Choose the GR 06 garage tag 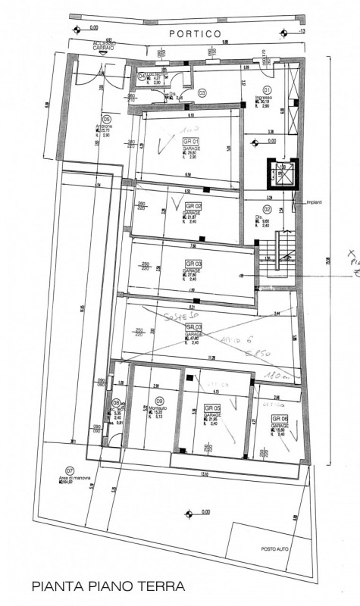pyautogui.click(x=280, y=418)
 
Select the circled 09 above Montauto pyautogui.click(x=159, y=401)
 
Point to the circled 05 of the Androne pyautogui.click(x=107, y=119)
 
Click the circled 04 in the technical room pyautogui.click(x=142, y=76)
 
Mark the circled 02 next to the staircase pyautogui.click(x=267, y=209)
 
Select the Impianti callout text pyautogui.click(x=315, y=202)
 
